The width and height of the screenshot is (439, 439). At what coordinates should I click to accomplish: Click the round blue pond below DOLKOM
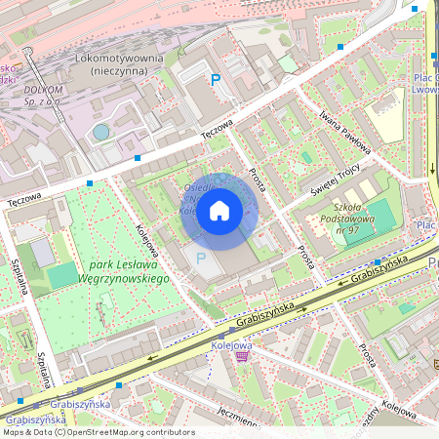(100, 131)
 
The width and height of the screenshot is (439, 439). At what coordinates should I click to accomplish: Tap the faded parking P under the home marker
(201, 259)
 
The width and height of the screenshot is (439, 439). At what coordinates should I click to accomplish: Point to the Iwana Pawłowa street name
(344, 132)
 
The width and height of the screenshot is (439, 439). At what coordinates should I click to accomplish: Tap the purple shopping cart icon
(242, 357)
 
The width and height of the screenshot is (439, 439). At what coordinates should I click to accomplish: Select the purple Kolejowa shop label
(232, 344)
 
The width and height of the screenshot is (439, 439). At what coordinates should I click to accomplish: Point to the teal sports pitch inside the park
(61, 276)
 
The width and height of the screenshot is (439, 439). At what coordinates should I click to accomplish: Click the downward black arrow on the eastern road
(432, 169)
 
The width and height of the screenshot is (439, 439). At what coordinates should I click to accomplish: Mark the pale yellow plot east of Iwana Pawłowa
(388, 121)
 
